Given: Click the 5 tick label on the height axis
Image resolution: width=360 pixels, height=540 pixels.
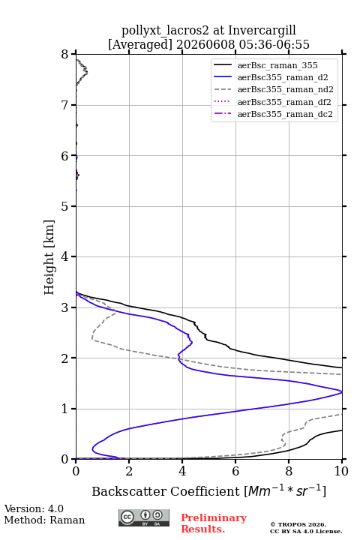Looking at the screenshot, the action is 65,206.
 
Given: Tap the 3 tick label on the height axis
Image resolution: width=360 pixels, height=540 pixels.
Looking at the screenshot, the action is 65,307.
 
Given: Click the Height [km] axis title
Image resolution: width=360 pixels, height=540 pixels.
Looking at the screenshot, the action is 49,257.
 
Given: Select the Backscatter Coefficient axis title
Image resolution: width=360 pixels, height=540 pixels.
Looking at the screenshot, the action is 208,490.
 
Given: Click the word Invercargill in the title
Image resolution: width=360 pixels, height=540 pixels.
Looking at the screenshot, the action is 262,31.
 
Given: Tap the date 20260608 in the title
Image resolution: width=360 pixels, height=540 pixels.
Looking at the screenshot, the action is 205,44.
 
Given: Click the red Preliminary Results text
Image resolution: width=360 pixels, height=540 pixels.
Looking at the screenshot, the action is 214,523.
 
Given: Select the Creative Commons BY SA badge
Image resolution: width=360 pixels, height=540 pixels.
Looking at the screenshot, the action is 144,517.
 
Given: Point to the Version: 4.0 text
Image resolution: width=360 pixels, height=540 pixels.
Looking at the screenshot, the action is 34,508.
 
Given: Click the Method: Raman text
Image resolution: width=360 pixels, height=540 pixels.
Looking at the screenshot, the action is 44,520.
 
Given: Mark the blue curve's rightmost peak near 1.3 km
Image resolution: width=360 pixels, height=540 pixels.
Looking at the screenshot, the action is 341,392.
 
